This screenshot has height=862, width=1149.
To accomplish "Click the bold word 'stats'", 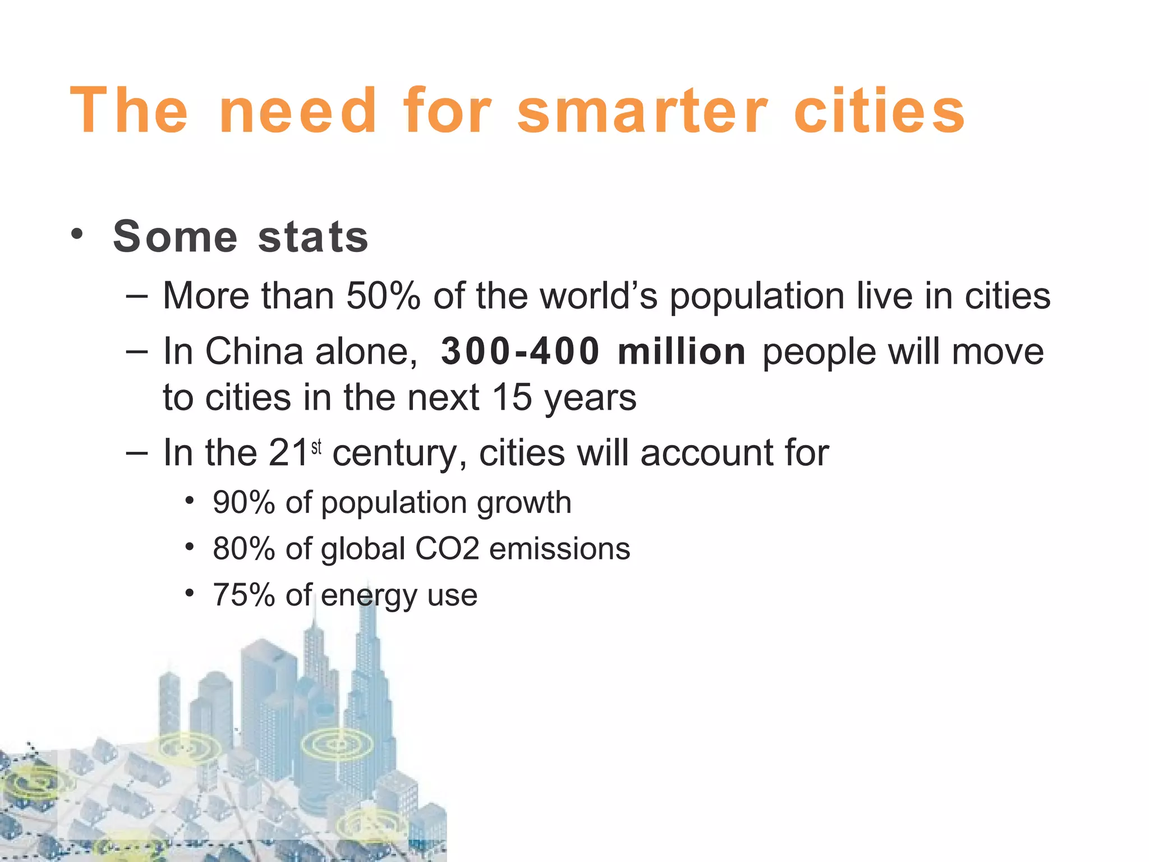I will tap(313, 237).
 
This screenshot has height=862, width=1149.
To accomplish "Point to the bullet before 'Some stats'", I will tap(77, 233).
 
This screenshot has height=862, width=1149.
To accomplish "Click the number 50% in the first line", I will tap(383, 296).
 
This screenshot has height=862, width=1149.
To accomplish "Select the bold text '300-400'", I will tap(520, 352).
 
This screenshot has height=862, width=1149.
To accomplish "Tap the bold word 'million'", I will tap(682, 352).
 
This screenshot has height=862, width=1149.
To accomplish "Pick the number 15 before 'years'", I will tap(512, 397).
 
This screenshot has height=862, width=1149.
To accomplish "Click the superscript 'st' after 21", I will tap(316, 447).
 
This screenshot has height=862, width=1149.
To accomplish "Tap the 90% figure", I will tap(243, 502).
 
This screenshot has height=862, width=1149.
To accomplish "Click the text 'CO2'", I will tap(447, 548).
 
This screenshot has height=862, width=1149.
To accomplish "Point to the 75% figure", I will tap(243, 595).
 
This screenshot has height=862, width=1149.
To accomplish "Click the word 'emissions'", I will tap(559, 548).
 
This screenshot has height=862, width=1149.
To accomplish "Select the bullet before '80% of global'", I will tap(190, 546).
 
